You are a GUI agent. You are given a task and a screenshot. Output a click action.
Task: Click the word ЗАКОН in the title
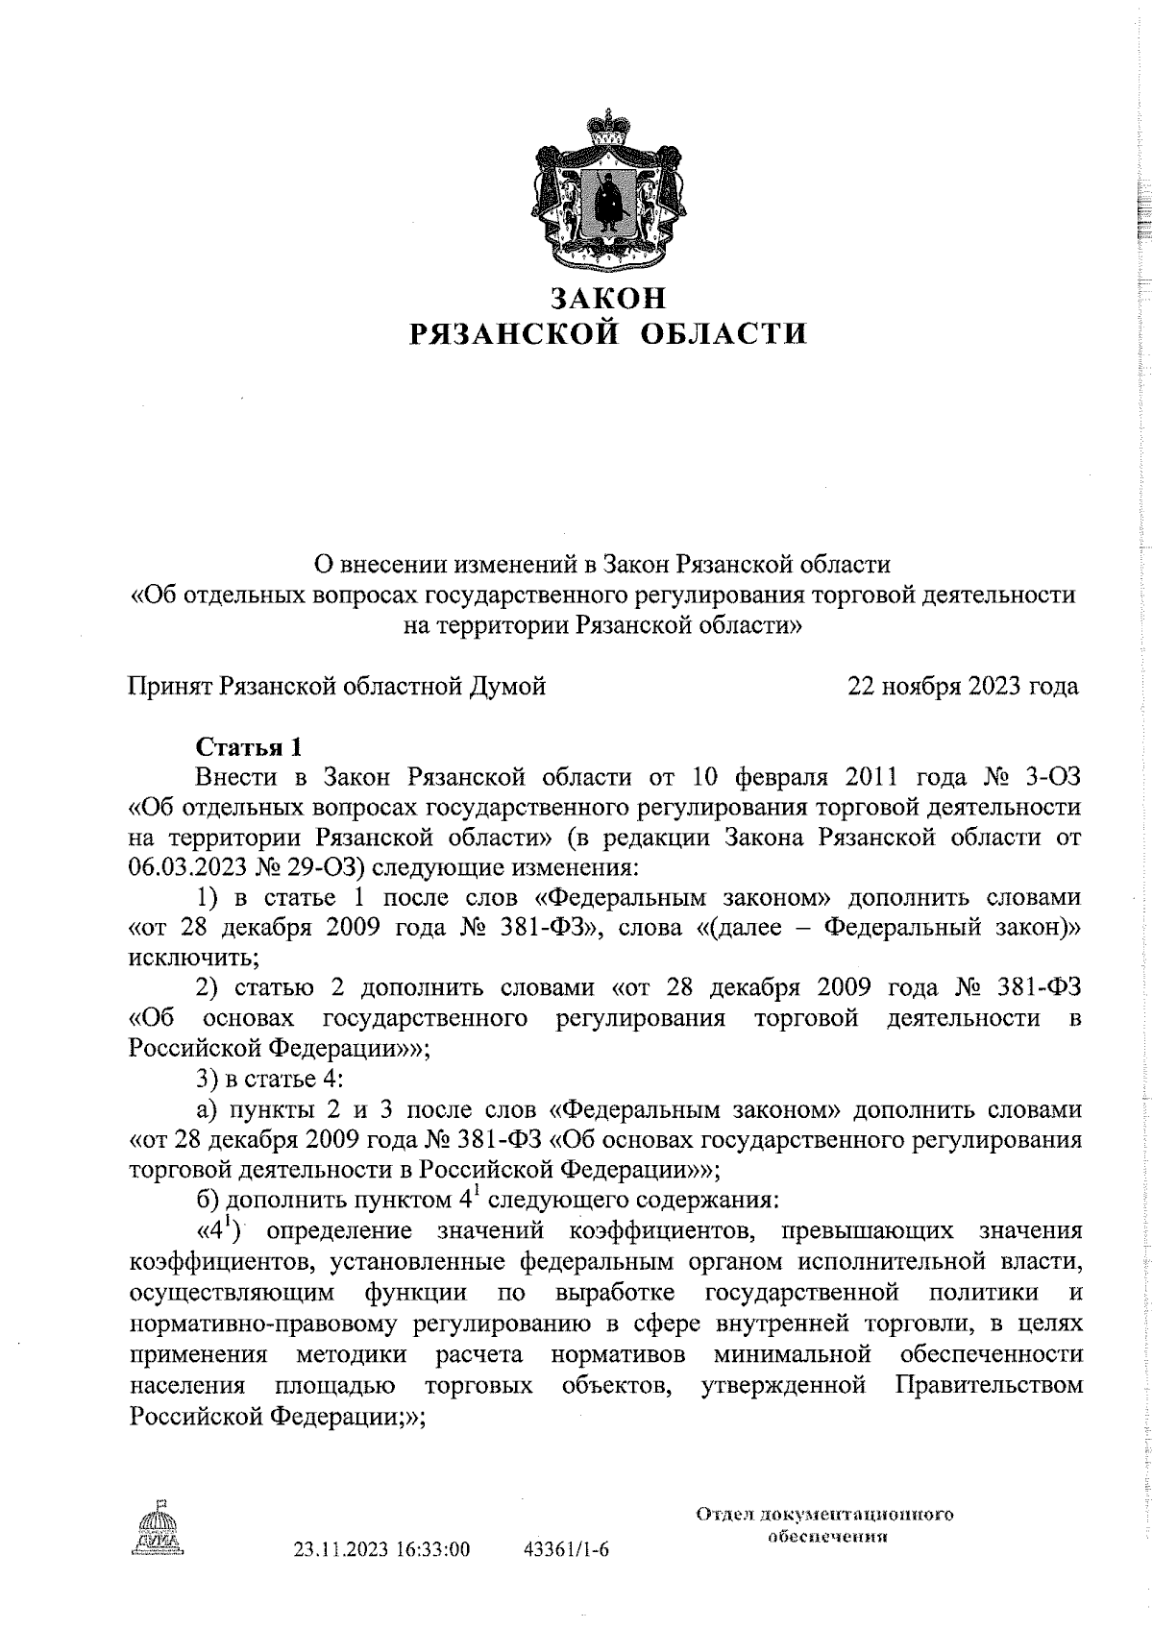point(608,299)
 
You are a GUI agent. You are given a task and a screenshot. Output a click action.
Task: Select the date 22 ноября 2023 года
point(962,687)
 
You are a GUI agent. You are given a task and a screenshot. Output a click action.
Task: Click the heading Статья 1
point(249,746)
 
